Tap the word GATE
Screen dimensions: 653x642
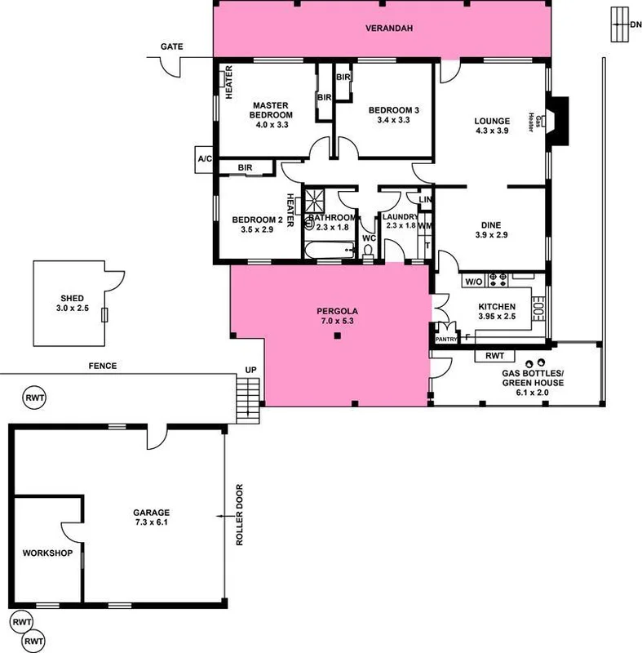(171, 47)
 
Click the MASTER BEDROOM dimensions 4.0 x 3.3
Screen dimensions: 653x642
(272, 126)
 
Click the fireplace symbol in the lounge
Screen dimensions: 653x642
(558, 120)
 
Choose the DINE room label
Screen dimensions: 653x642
(490, 225)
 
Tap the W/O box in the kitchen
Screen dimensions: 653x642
(474, 282)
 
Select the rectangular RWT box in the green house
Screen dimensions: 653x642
(494, 356)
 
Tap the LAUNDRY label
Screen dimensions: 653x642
(400, 216)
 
